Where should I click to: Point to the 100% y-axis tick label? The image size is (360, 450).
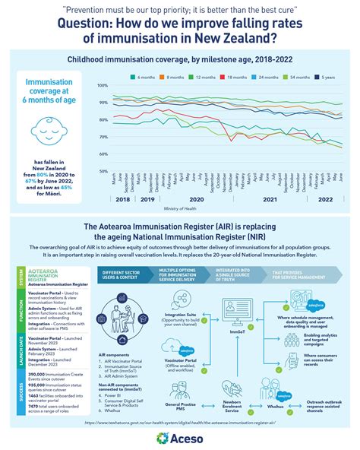coord(102,86)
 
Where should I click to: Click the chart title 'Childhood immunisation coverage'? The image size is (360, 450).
coord(179,59)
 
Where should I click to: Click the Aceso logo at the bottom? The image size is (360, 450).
coord(180,436)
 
